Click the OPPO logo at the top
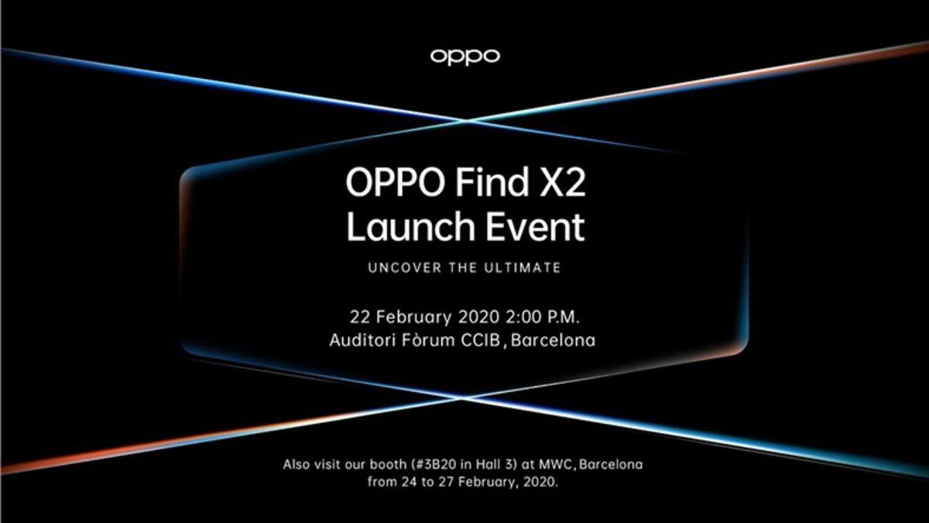pyautogui.click(x=464, y=56)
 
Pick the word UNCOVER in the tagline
pyautogui.click(x=399, y=268)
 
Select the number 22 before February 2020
pyautogui.click(x=360, y=317)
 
